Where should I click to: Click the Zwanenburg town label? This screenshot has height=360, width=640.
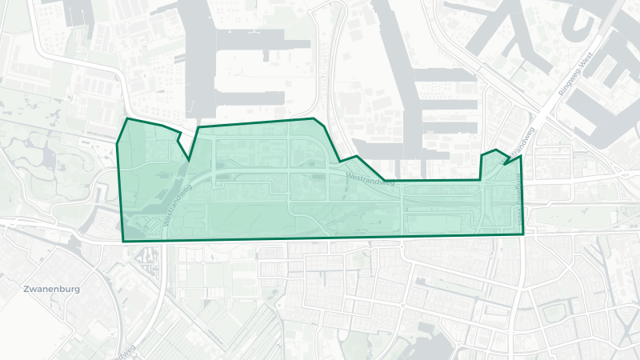(52, 288)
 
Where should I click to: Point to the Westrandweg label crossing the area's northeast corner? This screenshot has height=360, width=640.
(518, 146)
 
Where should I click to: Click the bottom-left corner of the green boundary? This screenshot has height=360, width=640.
(123, 242)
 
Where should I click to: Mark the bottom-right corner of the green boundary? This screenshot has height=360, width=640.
(523, 234)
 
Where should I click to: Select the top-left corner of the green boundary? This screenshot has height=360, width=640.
(127, 118)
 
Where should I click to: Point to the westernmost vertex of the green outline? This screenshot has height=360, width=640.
(117, 144)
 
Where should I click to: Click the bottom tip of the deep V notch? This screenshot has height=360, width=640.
(190, 161)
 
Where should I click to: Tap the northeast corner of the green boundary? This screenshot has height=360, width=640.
(521, 156)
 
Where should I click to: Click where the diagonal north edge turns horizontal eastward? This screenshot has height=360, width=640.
(384, 180)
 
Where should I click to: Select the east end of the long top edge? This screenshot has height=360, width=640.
(314, 118)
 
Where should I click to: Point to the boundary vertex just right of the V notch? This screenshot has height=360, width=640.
(198, 126)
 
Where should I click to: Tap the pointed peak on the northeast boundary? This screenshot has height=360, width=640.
(497, 150)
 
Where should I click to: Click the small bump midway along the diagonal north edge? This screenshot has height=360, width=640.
(355, 154)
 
